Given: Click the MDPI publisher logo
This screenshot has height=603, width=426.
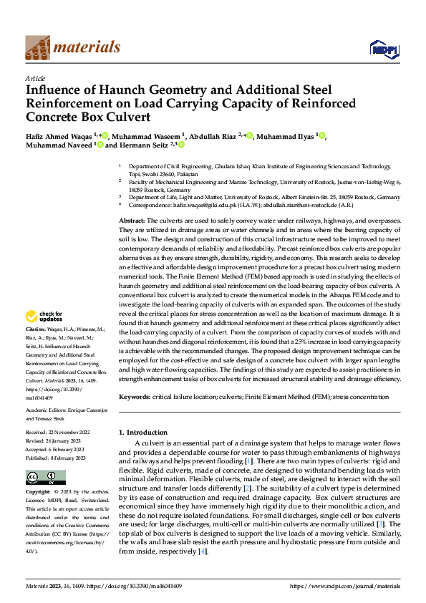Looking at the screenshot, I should click(379, 49).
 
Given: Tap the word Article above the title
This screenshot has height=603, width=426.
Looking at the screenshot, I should click(34, 78).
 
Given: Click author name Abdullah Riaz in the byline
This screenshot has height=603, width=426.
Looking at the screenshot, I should click(213, 135).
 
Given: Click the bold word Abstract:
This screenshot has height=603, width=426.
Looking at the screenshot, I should click(131, 221).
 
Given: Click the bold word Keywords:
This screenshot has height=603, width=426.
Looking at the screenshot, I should click(134, 397).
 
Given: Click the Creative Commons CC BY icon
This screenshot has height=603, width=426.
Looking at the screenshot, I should click(45, 478).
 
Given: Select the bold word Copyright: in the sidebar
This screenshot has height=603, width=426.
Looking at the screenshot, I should click(37, 493).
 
